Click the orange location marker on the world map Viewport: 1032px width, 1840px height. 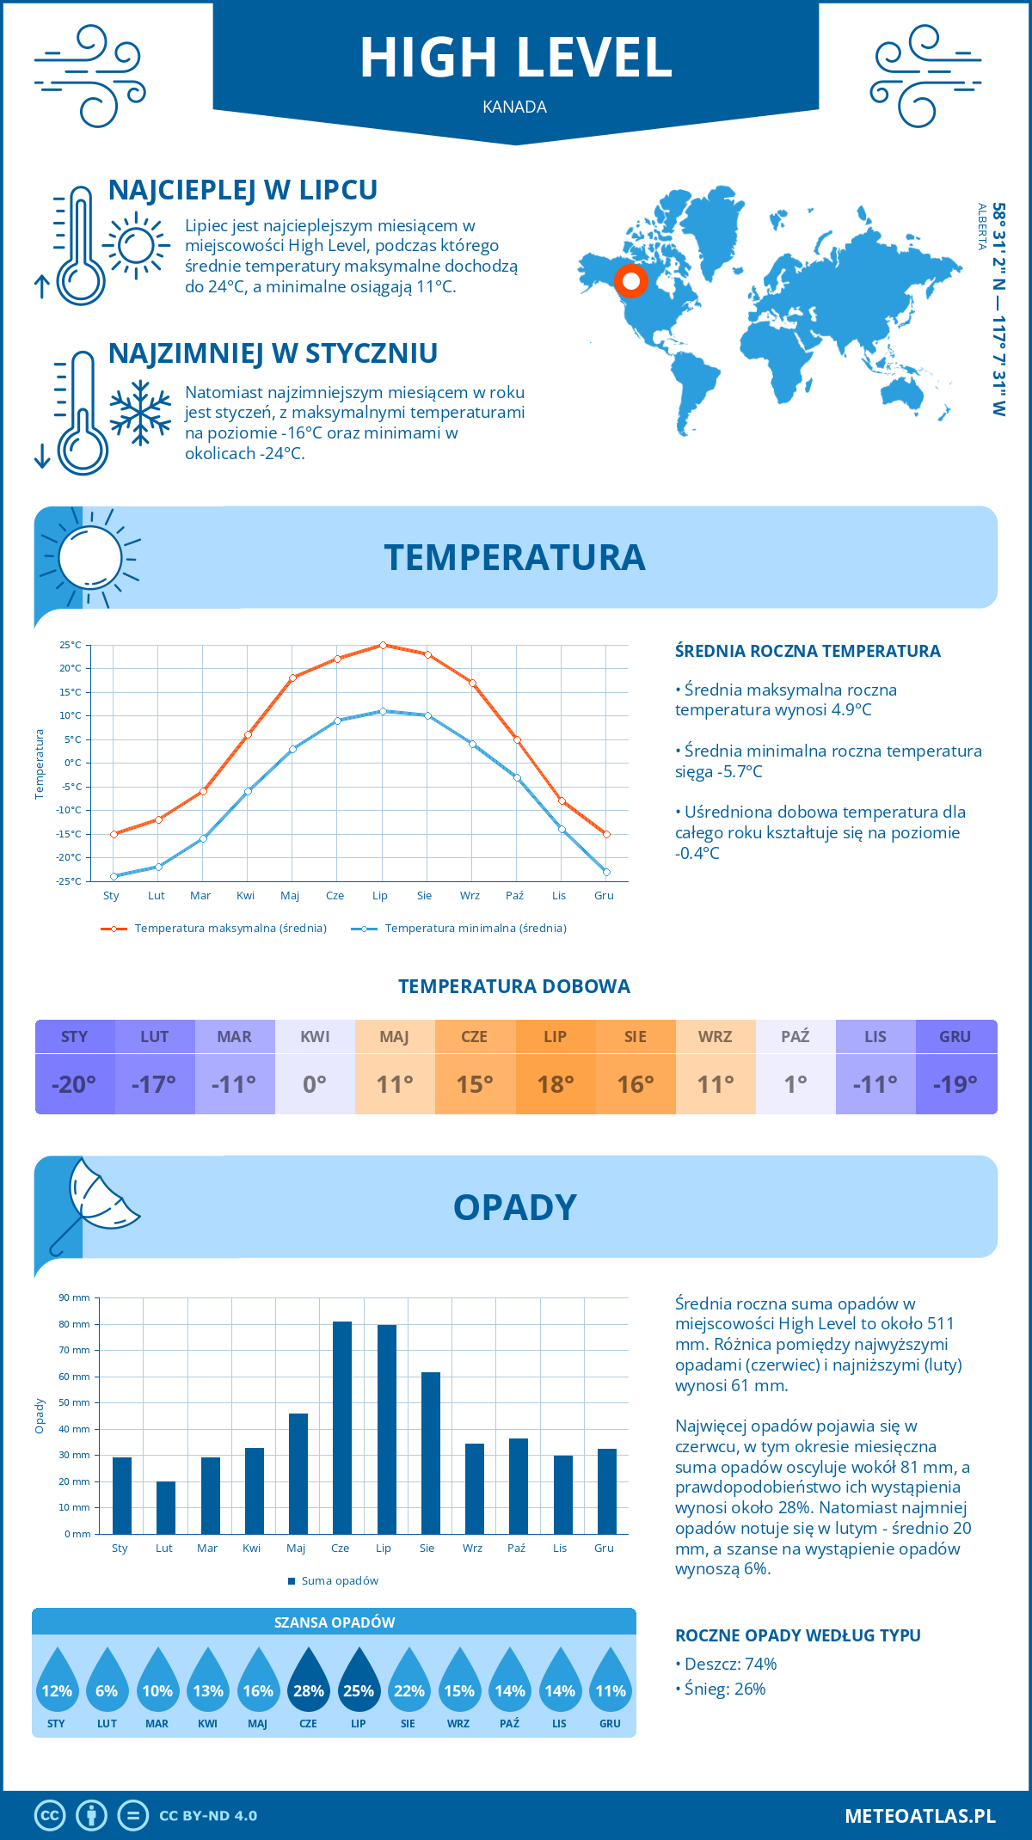(x=630, y=281)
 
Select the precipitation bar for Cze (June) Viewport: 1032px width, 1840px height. (x=342, y=1427)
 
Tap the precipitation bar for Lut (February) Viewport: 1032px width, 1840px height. (x=166, y=1507)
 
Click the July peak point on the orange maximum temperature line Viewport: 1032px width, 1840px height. (x=383, y=645)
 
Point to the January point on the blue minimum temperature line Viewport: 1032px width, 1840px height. (x=114, y=876)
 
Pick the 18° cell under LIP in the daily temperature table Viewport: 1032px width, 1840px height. (x=555, y=1084)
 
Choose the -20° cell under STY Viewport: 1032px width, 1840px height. (x=75, y=1084)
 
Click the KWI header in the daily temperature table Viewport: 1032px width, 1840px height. (x=315, y=1037)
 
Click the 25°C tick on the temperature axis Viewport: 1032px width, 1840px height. (x=71, y=645)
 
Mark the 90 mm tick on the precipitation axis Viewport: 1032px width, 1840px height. (x=75, y=1297)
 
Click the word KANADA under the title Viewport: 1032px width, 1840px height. (x=515, y=107)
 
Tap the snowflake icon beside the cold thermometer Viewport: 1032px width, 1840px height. (x=140, y=413)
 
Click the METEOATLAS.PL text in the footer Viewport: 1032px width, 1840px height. (x=919, y=1816)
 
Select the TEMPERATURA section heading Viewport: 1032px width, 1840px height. (x=514, y=557)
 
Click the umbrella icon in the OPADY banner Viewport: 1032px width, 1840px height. (x=95, y=1204)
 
